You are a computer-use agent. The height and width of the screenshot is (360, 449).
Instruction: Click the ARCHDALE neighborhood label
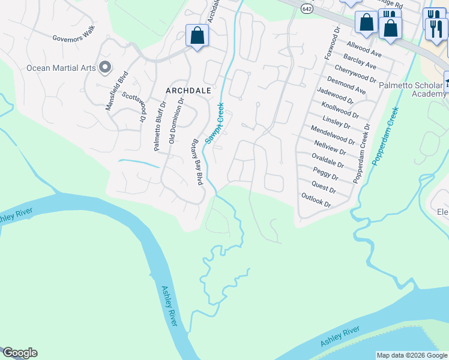(188, 90)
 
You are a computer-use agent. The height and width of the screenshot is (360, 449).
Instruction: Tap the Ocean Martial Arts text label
(61, 68)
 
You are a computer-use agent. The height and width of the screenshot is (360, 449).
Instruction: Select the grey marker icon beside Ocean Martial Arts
(106, 67)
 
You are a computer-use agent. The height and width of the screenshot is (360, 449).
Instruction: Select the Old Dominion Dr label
(176, 121)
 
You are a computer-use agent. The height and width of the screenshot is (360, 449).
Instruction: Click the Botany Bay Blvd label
(195, 163)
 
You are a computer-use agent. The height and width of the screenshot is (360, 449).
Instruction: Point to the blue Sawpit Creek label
(214, 122)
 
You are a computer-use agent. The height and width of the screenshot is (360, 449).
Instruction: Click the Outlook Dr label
(316, 200)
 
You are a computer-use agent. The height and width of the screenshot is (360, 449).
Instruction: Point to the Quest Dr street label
(324, 187)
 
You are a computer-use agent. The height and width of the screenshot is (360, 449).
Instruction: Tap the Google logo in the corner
(20, 353)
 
